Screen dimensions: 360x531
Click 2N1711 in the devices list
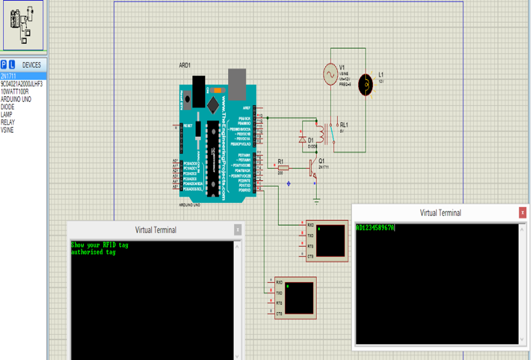pos(8,76)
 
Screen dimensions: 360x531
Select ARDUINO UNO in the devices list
pos(16,99)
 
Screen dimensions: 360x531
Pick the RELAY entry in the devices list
pos(7,122)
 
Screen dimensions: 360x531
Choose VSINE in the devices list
pos(7,130)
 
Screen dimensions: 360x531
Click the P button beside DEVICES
pos(4,65)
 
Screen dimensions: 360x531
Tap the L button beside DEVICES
pos(12,65)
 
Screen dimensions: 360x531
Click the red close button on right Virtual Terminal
pos(522,213)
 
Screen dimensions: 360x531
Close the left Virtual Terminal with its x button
pos(238,229)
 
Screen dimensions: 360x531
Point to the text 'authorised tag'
pos(93,252)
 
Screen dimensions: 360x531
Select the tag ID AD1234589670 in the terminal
pos(375,228)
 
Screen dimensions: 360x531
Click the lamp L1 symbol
pos(367,84)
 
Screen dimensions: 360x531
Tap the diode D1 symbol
pos(303,140)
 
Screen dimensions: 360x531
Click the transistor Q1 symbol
pos(313,168)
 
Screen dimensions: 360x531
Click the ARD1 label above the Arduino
pos(185,66)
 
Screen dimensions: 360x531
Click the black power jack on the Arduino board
pos(199,91)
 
